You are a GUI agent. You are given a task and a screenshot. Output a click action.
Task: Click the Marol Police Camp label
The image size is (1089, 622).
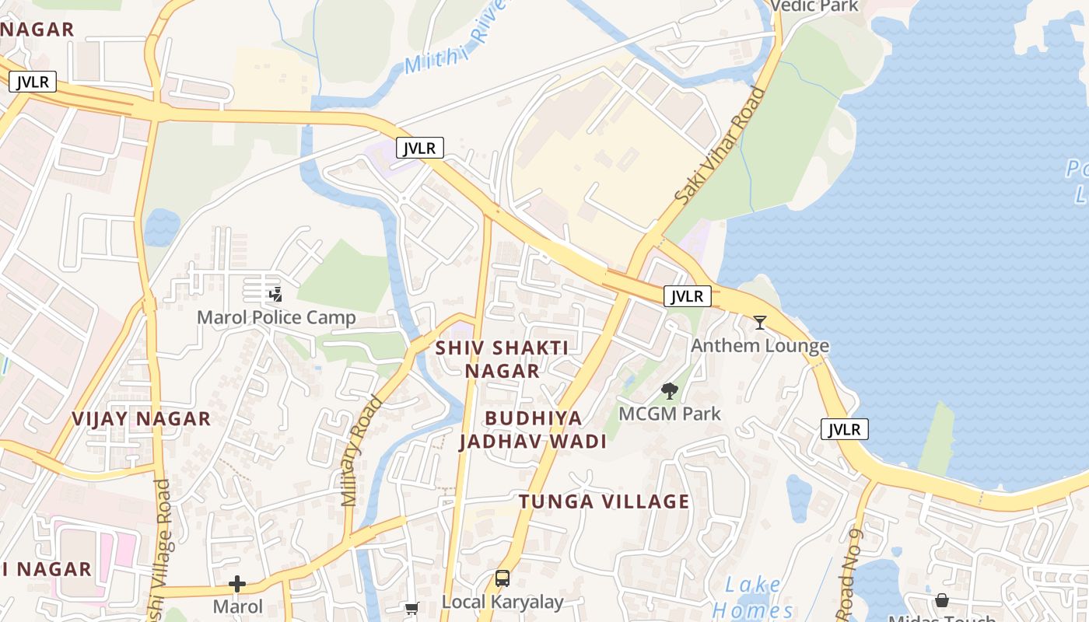pyautogui.click(x=276, y=317)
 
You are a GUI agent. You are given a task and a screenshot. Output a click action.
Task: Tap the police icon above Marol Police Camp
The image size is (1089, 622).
pyautogui.click(x=275, y=294)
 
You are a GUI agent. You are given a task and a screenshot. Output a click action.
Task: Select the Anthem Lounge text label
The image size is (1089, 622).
pyautogui.click(x=760, y=345)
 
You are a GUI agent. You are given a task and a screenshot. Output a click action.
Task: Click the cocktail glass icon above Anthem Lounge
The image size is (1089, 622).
pyautogui.click(x=760, y=322)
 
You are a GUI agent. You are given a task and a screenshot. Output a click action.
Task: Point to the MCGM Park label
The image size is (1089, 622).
pyautogui.click(x=670, y=414)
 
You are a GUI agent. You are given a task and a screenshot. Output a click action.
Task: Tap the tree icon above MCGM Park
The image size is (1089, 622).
pyautogui.click(x=669, y=390)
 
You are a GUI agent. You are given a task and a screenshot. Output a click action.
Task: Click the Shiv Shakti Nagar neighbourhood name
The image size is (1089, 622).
pyautogui.click(x=502, y=359)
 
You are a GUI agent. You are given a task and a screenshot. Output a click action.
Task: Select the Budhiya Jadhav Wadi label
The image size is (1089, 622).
pyautogui.click(x=533, y=430)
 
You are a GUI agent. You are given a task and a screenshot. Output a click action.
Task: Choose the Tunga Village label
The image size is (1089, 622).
pyautogui.click(x=604, y=501)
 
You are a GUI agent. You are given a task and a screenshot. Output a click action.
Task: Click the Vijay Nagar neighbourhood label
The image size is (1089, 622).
pyautogui.click(x=142, y=419)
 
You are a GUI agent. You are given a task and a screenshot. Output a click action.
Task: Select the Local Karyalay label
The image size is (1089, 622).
pyautogui.click(x=502, y=602)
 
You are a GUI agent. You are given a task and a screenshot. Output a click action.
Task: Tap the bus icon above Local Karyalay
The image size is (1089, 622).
pyautogui.click(x=502, y=578)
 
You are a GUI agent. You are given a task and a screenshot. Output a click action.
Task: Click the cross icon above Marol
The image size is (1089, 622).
pyautogui.click(x=237, y=584)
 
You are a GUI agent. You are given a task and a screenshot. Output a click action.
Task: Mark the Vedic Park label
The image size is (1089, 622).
pyautogui.click(x=814, y=6)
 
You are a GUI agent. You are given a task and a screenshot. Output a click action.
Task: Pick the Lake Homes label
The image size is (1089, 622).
pyautogui.click(x=753, y=597)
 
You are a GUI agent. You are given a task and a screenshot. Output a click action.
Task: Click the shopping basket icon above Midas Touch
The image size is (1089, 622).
pyautogui.click(x=941, y=600)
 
